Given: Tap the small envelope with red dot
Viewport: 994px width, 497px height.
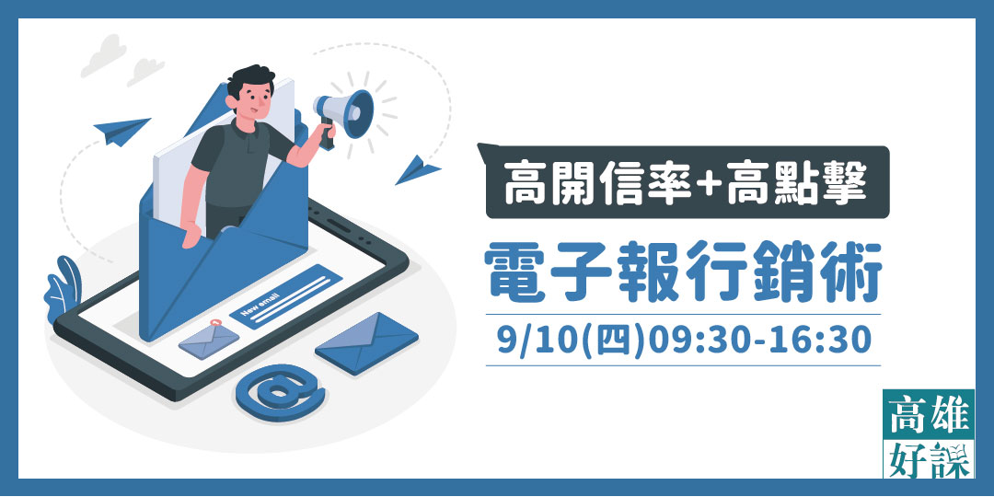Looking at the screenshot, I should coord(209,341).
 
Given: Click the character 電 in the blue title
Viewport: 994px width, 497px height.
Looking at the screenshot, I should coord(520,273).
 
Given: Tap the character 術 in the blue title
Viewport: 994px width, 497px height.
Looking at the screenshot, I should coord(848,273).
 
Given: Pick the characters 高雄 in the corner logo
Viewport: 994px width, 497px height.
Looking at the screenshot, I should coord(927,419).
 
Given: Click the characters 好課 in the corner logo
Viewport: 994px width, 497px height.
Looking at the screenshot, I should coord(927,458).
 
